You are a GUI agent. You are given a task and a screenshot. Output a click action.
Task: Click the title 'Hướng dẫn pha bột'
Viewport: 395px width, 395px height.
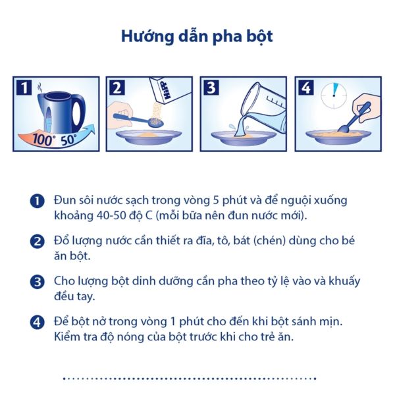click(197, 36)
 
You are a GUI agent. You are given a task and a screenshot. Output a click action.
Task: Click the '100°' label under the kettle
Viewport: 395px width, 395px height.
click(45, 139)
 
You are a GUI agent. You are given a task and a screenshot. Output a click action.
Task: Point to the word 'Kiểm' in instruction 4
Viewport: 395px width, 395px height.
click(69, 337)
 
